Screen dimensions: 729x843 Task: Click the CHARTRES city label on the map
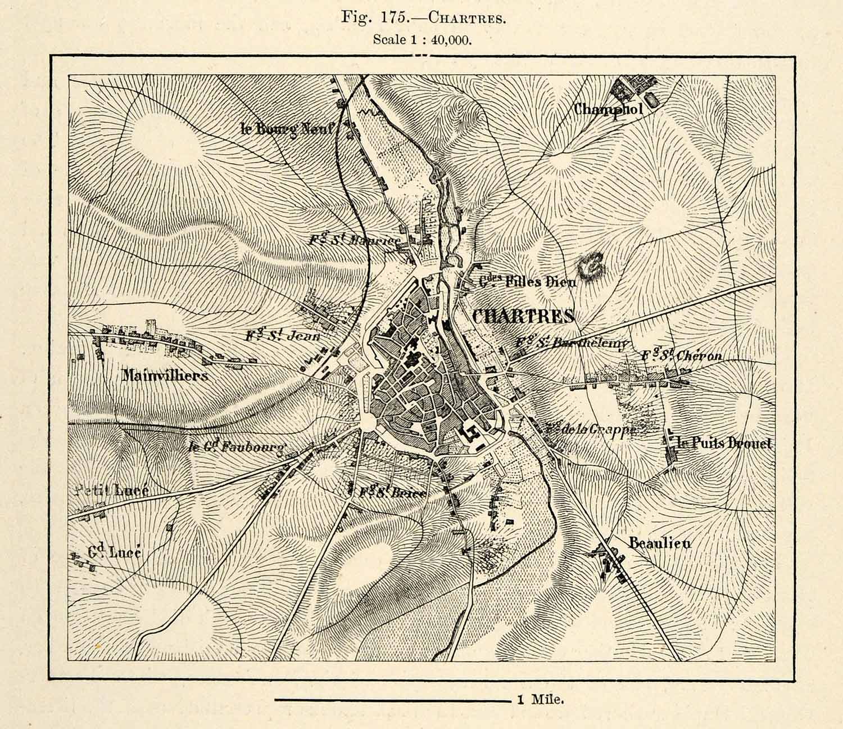pos(523,316)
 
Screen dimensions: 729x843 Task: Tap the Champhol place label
pos(608,109)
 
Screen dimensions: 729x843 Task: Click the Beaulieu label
pos(659,543)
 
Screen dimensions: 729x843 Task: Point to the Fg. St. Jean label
pos(283,336)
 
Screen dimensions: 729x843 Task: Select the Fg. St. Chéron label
pos(682,355)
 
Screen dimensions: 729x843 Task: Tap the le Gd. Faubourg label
pos(238,447)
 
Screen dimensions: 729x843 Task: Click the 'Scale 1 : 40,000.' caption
pos(422,40)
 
